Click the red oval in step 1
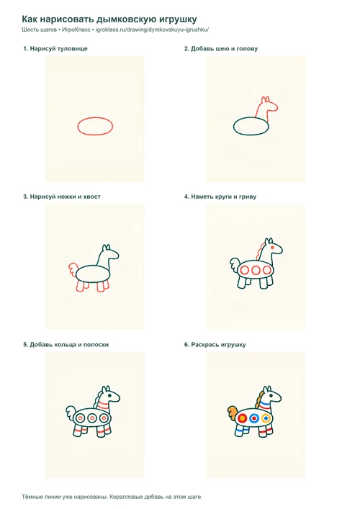pyautogui.click(x=95, y=117)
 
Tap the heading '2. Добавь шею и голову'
pyautogui.click(x=221, y=49)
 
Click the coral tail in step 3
pyautogui.click(x=73, y=271)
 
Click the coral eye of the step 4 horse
pyautogui.click(x=272, y=248)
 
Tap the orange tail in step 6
pyautogui.click(x=233, y=413)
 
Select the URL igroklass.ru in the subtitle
pyautogui.click(x=152, y=30)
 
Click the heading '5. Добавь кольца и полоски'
pyautogui.click(x=66, y=344)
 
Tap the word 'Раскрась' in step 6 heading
pyautogui.click(x=204, y=344)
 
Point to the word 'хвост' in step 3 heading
pyautogui.click(x=92, y=197)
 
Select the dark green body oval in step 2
pyautogui.click(x=251, y=117)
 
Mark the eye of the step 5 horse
pyautogui.click(x=109, y=396)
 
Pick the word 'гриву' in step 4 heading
pyautogui.click(x=248, y=197)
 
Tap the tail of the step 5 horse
pyautogui.click(x=71, y=413)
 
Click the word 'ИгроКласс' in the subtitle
pyautogui.click(x=76, y=30)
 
